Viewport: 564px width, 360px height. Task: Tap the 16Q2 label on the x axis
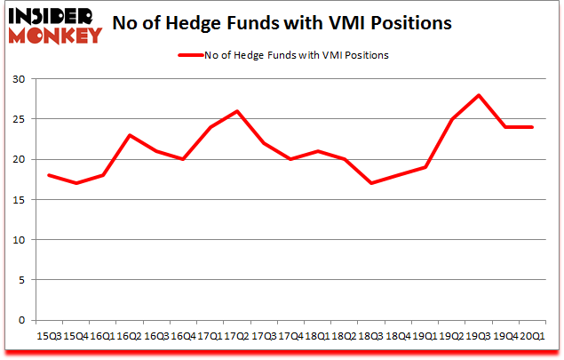point(130,335)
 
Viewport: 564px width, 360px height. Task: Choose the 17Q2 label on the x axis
point(235,335)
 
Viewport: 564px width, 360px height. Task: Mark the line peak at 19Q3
point(478,95)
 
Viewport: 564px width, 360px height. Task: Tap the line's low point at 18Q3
point(370,183)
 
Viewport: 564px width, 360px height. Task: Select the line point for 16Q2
point(131,135)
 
